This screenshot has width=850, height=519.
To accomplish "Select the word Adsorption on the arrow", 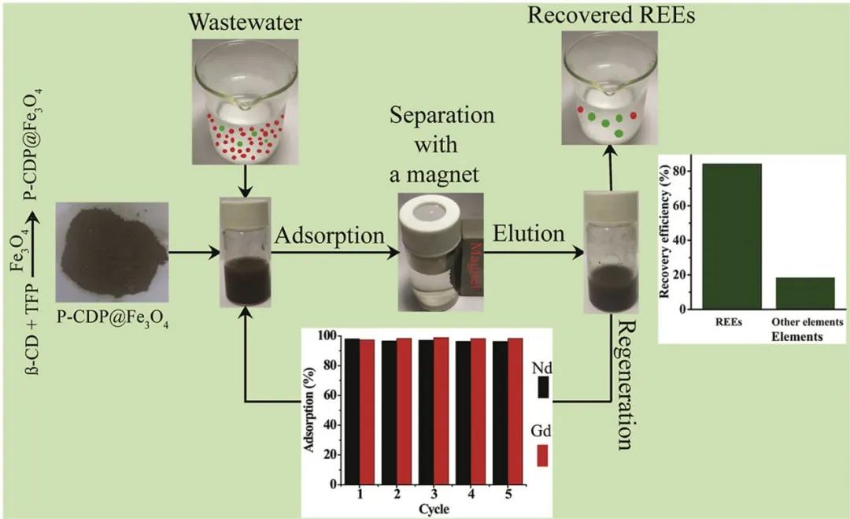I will point(328,235).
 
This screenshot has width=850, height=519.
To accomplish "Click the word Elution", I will point(529,233).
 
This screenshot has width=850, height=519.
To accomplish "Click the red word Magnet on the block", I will point(475,257).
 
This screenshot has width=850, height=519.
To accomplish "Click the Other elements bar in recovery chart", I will point(805,293).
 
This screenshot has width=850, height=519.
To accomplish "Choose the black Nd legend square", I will point(542,387).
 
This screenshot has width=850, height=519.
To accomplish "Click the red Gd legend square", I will point(542,455).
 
